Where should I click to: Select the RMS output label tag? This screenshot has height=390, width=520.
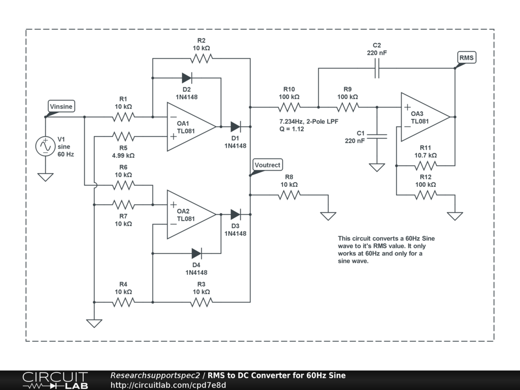tap(466, 57)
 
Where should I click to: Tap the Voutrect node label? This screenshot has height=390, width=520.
tap(267, 165)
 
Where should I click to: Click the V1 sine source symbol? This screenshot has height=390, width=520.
tap(45, 146)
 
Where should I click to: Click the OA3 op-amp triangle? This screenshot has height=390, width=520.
tap(425, 117)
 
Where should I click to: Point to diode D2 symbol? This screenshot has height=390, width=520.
tap(187, 78)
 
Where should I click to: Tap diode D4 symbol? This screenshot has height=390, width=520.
tap(197, 253)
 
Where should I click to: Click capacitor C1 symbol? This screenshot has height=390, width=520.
tap(377, 136)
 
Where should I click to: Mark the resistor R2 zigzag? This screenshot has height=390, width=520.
tap(201, 58)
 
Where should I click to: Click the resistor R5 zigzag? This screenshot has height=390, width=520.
tap(123, 137)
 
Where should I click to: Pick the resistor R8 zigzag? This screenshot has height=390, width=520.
tap(289, 194)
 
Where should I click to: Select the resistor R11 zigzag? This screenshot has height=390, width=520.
tap(426, 166)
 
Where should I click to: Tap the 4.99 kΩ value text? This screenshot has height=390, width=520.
tap(123, 155)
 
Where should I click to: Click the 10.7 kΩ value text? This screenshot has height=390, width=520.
tap(426, 155)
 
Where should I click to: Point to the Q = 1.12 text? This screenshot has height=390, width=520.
tap(291, 129)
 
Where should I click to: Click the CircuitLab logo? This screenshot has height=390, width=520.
tap(55, 380)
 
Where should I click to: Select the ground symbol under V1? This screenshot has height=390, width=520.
tap(45, 177)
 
